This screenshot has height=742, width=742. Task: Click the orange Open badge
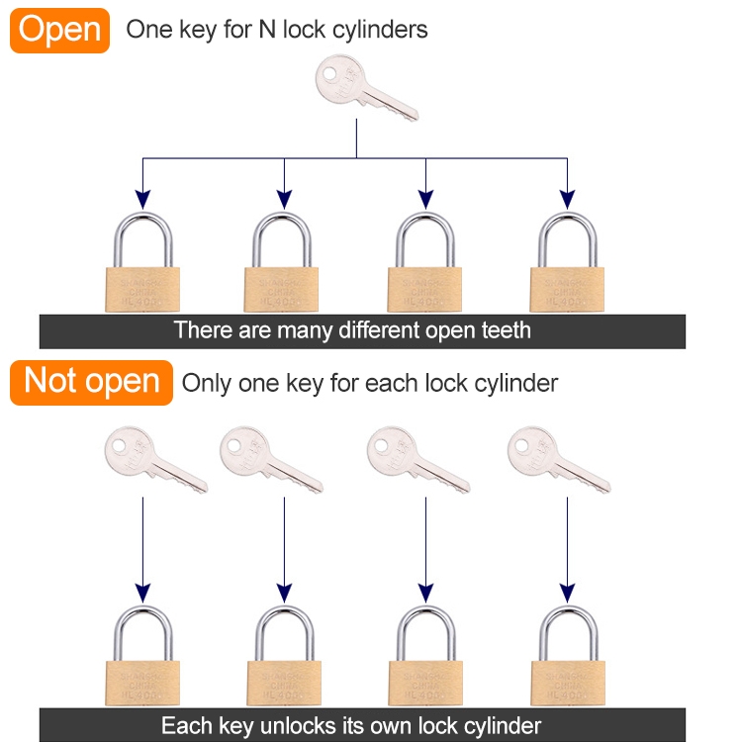[x=59, y=30]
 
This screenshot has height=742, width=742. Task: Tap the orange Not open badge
[x=91, y=382]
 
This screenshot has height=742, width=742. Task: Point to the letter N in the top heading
[x=265, y=30]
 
